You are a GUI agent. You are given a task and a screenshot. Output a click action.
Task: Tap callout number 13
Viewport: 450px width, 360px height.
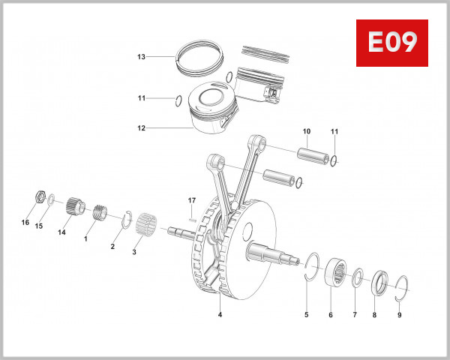[140, 57]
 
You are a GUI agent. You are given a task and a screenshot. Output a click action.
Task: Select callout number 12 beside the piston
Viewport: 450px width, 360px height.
[140, 128]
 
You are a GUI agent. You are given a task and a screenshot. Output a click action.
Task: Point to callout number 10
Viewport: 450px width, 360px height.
[306, 131]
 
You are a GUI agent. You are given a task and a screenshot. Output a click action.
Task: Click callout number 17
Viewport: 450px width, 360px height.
[191, 200]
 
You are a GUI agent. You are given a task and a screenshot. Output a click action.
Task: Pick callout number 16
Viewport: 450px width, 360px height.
[25, 223]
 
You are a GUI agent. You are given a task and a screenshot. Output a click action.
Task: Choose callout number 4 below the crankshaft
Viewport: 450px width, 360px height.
[220, 315]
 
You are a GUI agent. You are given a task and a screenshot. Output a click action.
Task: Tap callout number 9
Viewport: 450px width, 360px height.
[399, 315]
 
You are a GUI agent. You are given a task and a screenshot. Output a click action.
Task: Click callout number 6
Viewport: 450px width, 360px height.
[330, 315]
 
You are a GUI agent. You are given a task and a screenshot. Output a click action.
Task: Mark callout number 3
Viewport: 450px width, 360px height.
[134, 253]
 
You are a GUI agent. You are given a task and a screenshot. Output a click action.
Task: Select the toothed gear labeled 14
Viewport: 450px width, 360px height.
[73, 205]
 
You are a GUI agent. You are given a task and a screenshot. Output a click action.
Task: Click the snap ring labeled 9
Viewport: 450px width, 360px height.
[400, 286]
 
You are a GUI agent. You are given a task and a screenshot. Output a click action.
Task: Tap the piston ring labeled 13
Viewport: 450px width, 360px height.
[200, 56]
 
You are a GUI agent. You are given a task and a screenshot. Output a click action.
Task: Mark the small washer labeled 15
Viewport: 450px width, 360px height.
[50, 200]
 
